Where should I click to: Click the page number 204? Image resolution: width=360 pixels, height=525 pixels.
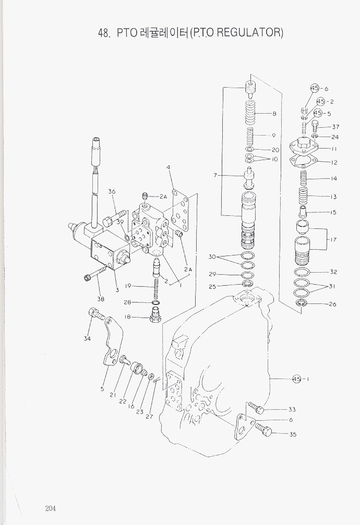(x=50, y=508)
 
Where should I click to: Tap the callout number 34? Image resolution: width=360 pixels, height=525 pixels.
(x=87, y=338)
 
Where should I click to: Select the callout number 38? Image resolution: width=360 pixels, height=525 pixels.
(x=100, y=299)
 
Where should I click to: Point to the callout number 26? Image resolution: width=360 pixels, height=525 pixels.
(x=332, y=304)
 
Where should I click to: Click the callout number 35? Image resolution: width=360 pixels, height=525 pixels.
(x=293, y=434)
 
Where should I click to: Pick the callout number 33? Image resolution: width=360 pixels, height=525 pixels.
(x=292, y=409)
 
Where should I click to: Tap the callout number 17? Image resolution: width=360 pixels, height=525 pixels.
(x=333, y=240)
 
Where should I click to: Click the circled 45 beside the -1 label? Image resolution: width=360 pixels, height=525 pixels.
(x=297, y=380)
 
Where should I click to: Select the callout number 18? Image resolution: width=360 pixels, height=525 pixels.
(x=127, y=317)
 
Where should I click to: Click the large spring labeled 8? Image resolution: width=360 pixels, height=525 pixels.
(x=250, y=113)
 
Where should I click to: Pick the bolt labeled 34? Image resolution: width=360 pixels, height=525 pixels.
(x=96, y=314)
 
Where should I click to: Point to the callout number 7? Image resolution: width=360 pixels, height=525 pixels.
(x=215, y=175)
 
